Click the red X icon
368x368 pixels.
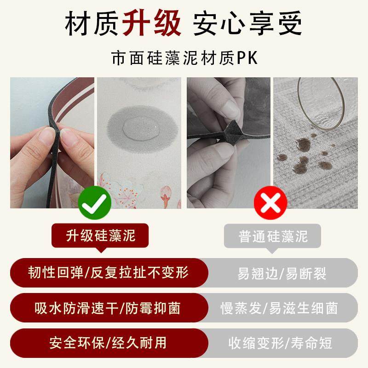click(271, 202)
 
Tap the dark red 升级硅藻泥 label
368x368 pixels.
click(101, 236)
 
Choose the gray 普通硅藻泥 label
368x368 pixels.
click(273, 236)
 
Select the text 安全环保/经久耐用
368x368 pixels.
click(108, 342)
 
